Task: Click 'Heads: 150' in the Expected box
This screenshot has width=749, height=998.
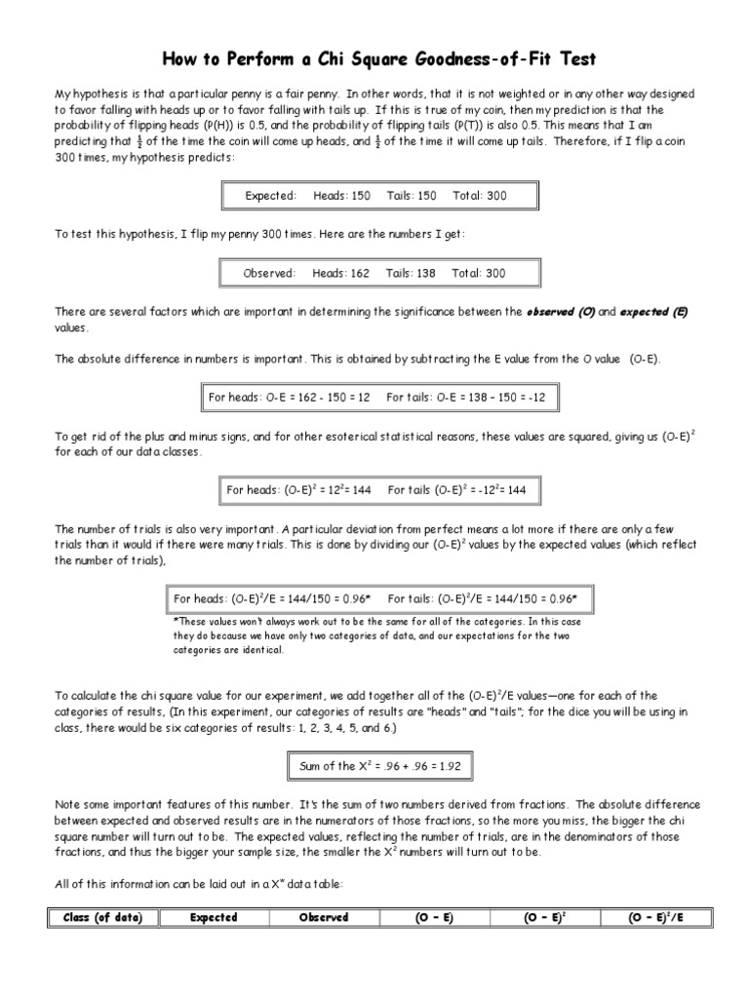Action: point(341,196)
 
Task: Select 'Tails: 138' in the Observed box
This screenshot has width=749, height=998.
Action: point(411,274)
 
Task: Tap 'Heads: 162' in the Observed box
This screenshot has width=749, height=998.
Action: point(340,274)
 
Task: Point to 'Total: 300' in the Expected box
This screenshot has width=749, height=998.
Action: point(480,196)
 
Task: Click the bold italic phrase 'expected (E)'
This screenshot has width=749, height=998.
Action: point(653,312)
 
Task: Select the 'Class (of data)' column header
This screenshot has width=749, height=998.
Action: point(102,917)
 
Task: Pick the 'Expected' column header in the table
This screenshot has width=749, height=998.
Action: point(214,917)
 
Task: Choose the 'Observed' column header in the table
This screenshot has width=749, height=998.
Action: point(324,917)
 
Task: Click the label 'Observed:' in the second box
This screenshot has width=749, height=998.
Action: point(269,274)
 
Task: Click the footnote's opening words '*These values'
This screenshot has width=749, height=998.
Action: point(205,621)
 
